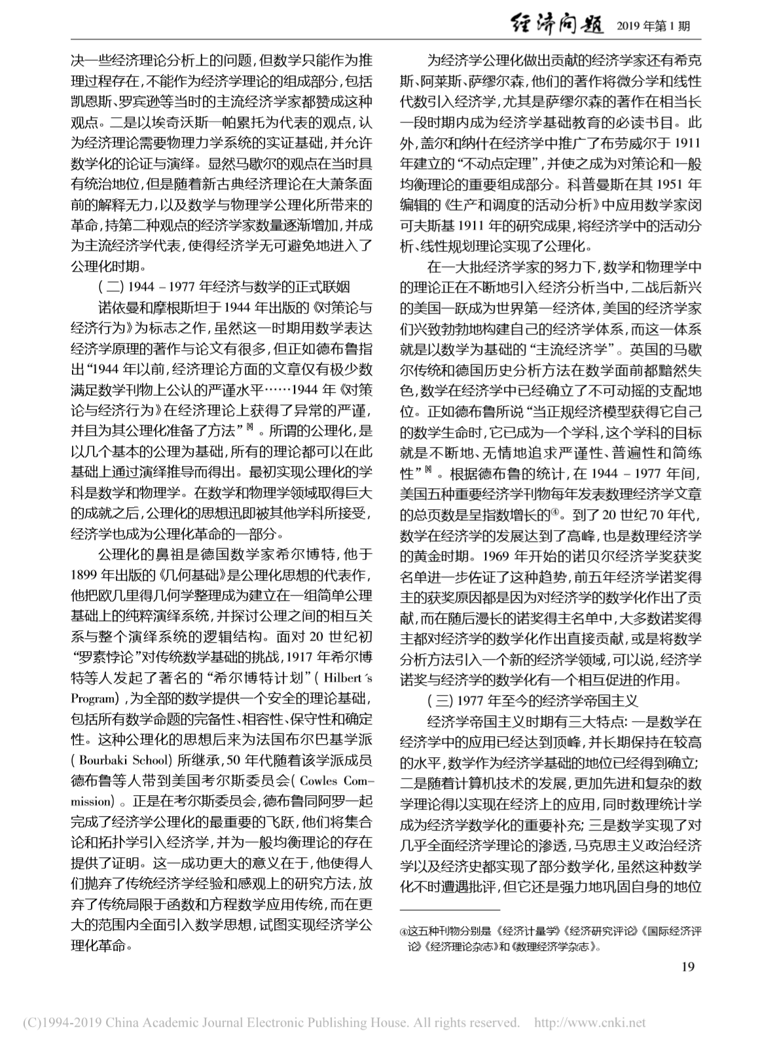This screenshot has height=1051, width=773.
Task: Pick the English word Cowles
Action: (323, 782)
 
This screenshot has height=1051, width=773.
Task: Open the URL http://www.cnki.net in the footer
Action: (590, 1022)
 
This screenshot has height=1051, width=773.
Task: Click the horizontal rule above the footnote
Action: (450, 909)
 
